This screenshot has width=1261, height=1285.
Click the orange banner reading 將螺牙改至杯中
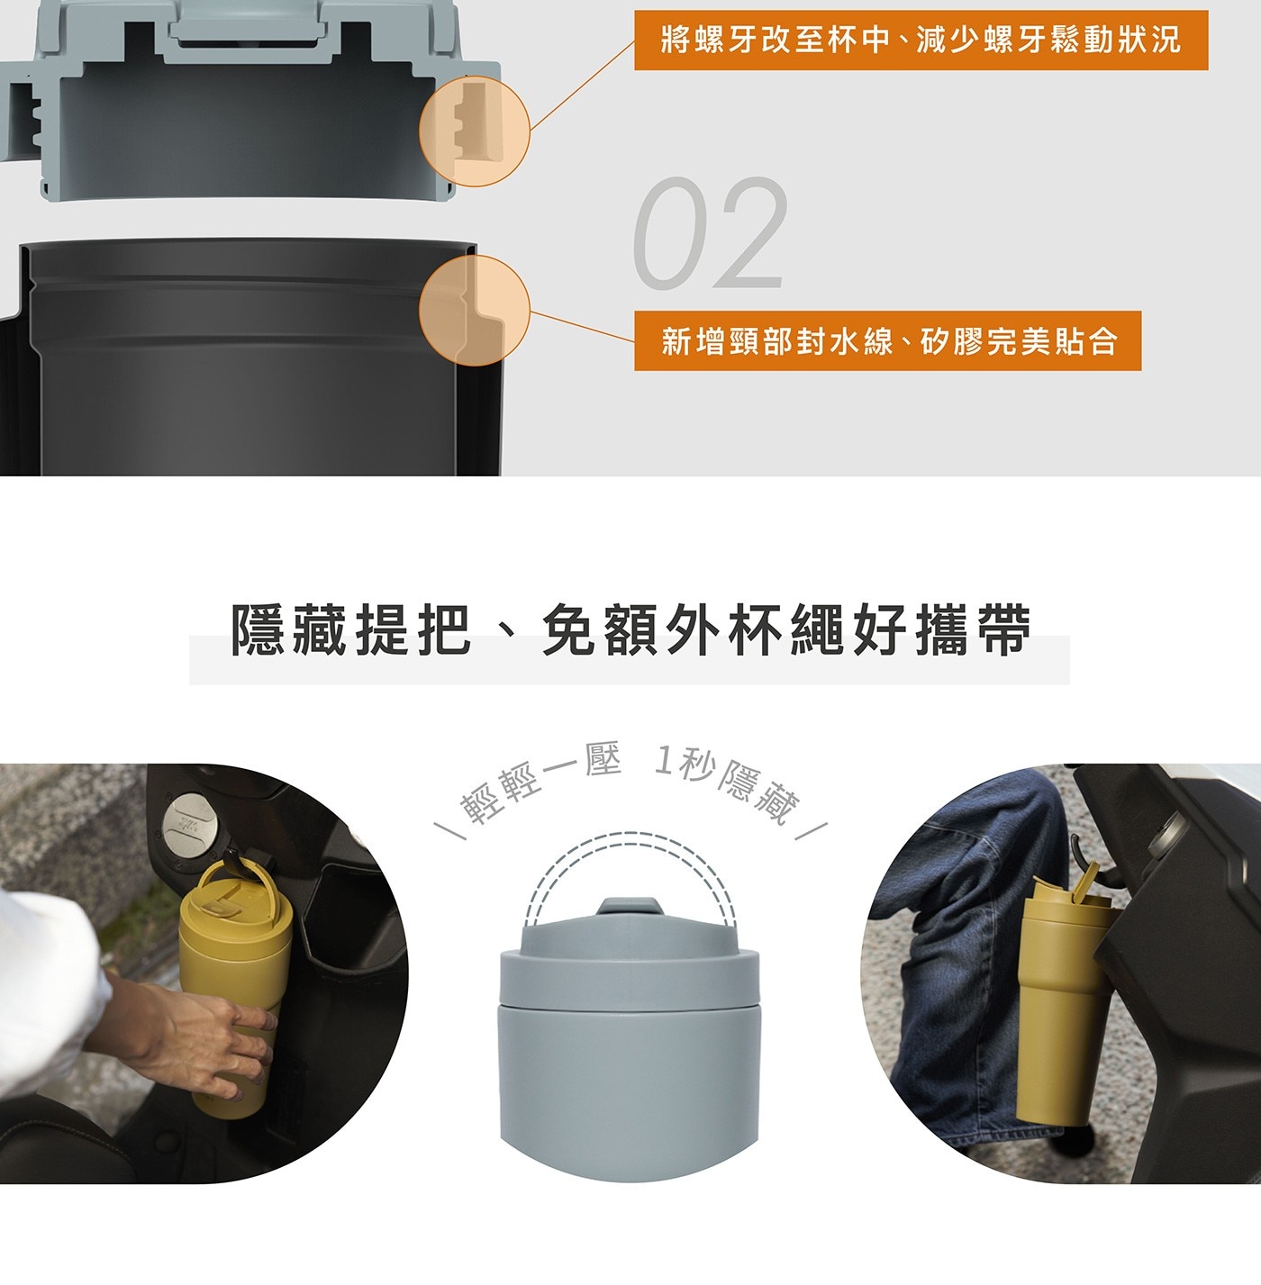click(x=921, y=40)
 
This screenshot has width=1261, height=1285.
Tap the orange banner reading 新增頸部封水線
click(x=887, y=340)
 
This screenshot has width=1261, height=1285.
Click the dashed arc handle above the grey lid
click(x=630, y=835)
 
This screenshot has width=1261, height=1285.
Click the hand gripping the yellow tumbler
click(x=200, y=1040)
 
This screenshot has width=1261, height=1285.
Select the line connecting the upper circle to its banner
click(x=583, y=85)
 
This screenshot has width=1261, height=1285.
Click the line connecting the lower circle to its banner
click(x=583, y=326)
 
